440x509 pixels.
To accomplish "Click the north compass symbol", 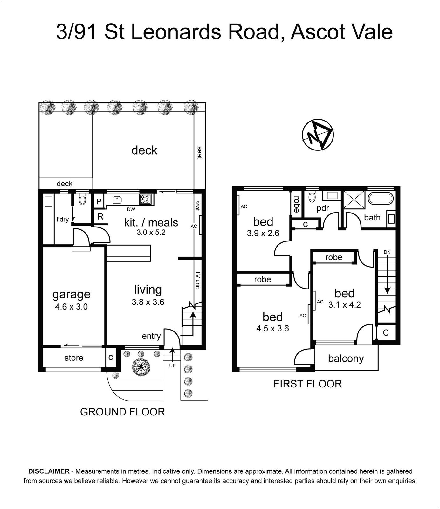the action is (x=317, y=135).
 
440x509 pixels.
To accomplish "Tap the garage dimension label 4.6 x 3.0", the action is (x=71, y=307).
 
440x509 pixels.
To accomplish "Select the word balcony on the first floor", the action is (x=346, y=359).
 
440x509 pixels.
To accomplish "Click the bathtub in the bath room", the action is (x=381, y=198).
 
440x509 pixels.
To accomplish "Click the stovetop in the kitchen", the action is (x=145, y=199).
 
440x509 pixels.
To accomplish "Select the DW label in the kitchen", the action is (x=131, y=209).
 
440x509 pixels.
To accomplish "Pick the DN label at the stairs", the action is (x=387, y=252).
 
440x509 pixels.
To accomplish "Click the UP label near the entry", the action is (x=172, y=366).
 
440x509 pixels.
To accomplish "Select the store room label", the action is (x=74, y=358).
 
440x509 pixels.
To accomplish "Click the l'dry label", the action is (x=63, y=219).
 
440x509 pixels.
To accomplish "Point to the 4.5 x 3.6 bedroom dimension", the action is (x=272, y=328).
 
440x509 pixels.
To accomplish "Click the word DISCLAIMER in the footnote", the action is (x=49, y=471).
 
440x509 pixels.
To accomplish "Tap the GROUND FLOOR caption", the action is (x=122, y=412).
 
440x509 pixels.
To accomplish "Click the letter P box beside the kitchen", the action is (x=99, y=202).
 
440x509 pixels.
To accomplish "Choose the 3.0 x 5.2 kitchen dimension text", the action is (x=151, y=233).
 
